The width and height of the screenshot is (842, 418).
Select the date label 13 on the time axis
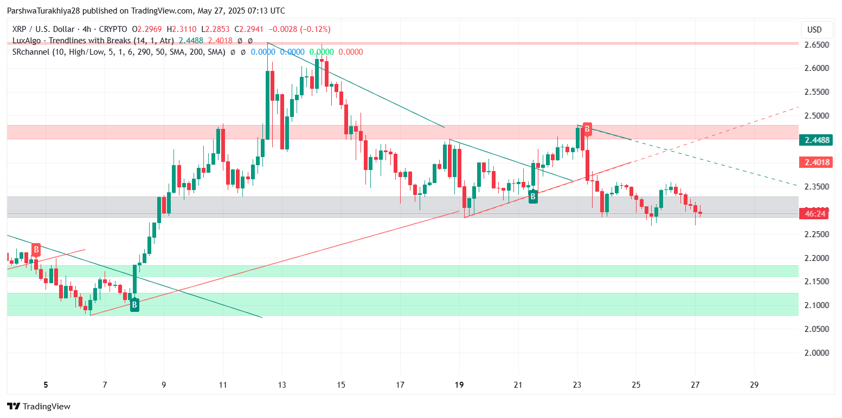282,386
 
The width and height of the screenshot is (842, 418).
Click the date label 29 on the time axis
754,386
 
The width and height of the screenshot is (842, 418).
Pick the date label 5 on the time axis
46,386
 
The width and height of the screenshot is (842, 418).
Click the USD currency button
814,30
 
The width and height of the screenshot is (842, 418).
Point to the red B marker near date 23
587,128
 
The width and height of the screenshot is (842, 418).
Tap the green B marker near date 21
533,197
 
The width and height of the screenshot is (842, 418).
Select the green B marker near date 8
134,305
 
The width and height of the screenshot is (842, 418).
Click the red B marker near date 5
36,250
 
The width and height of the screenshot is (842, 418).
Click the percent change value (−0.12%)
311,29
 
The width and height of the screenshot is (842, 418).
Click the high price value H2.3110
182,29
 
